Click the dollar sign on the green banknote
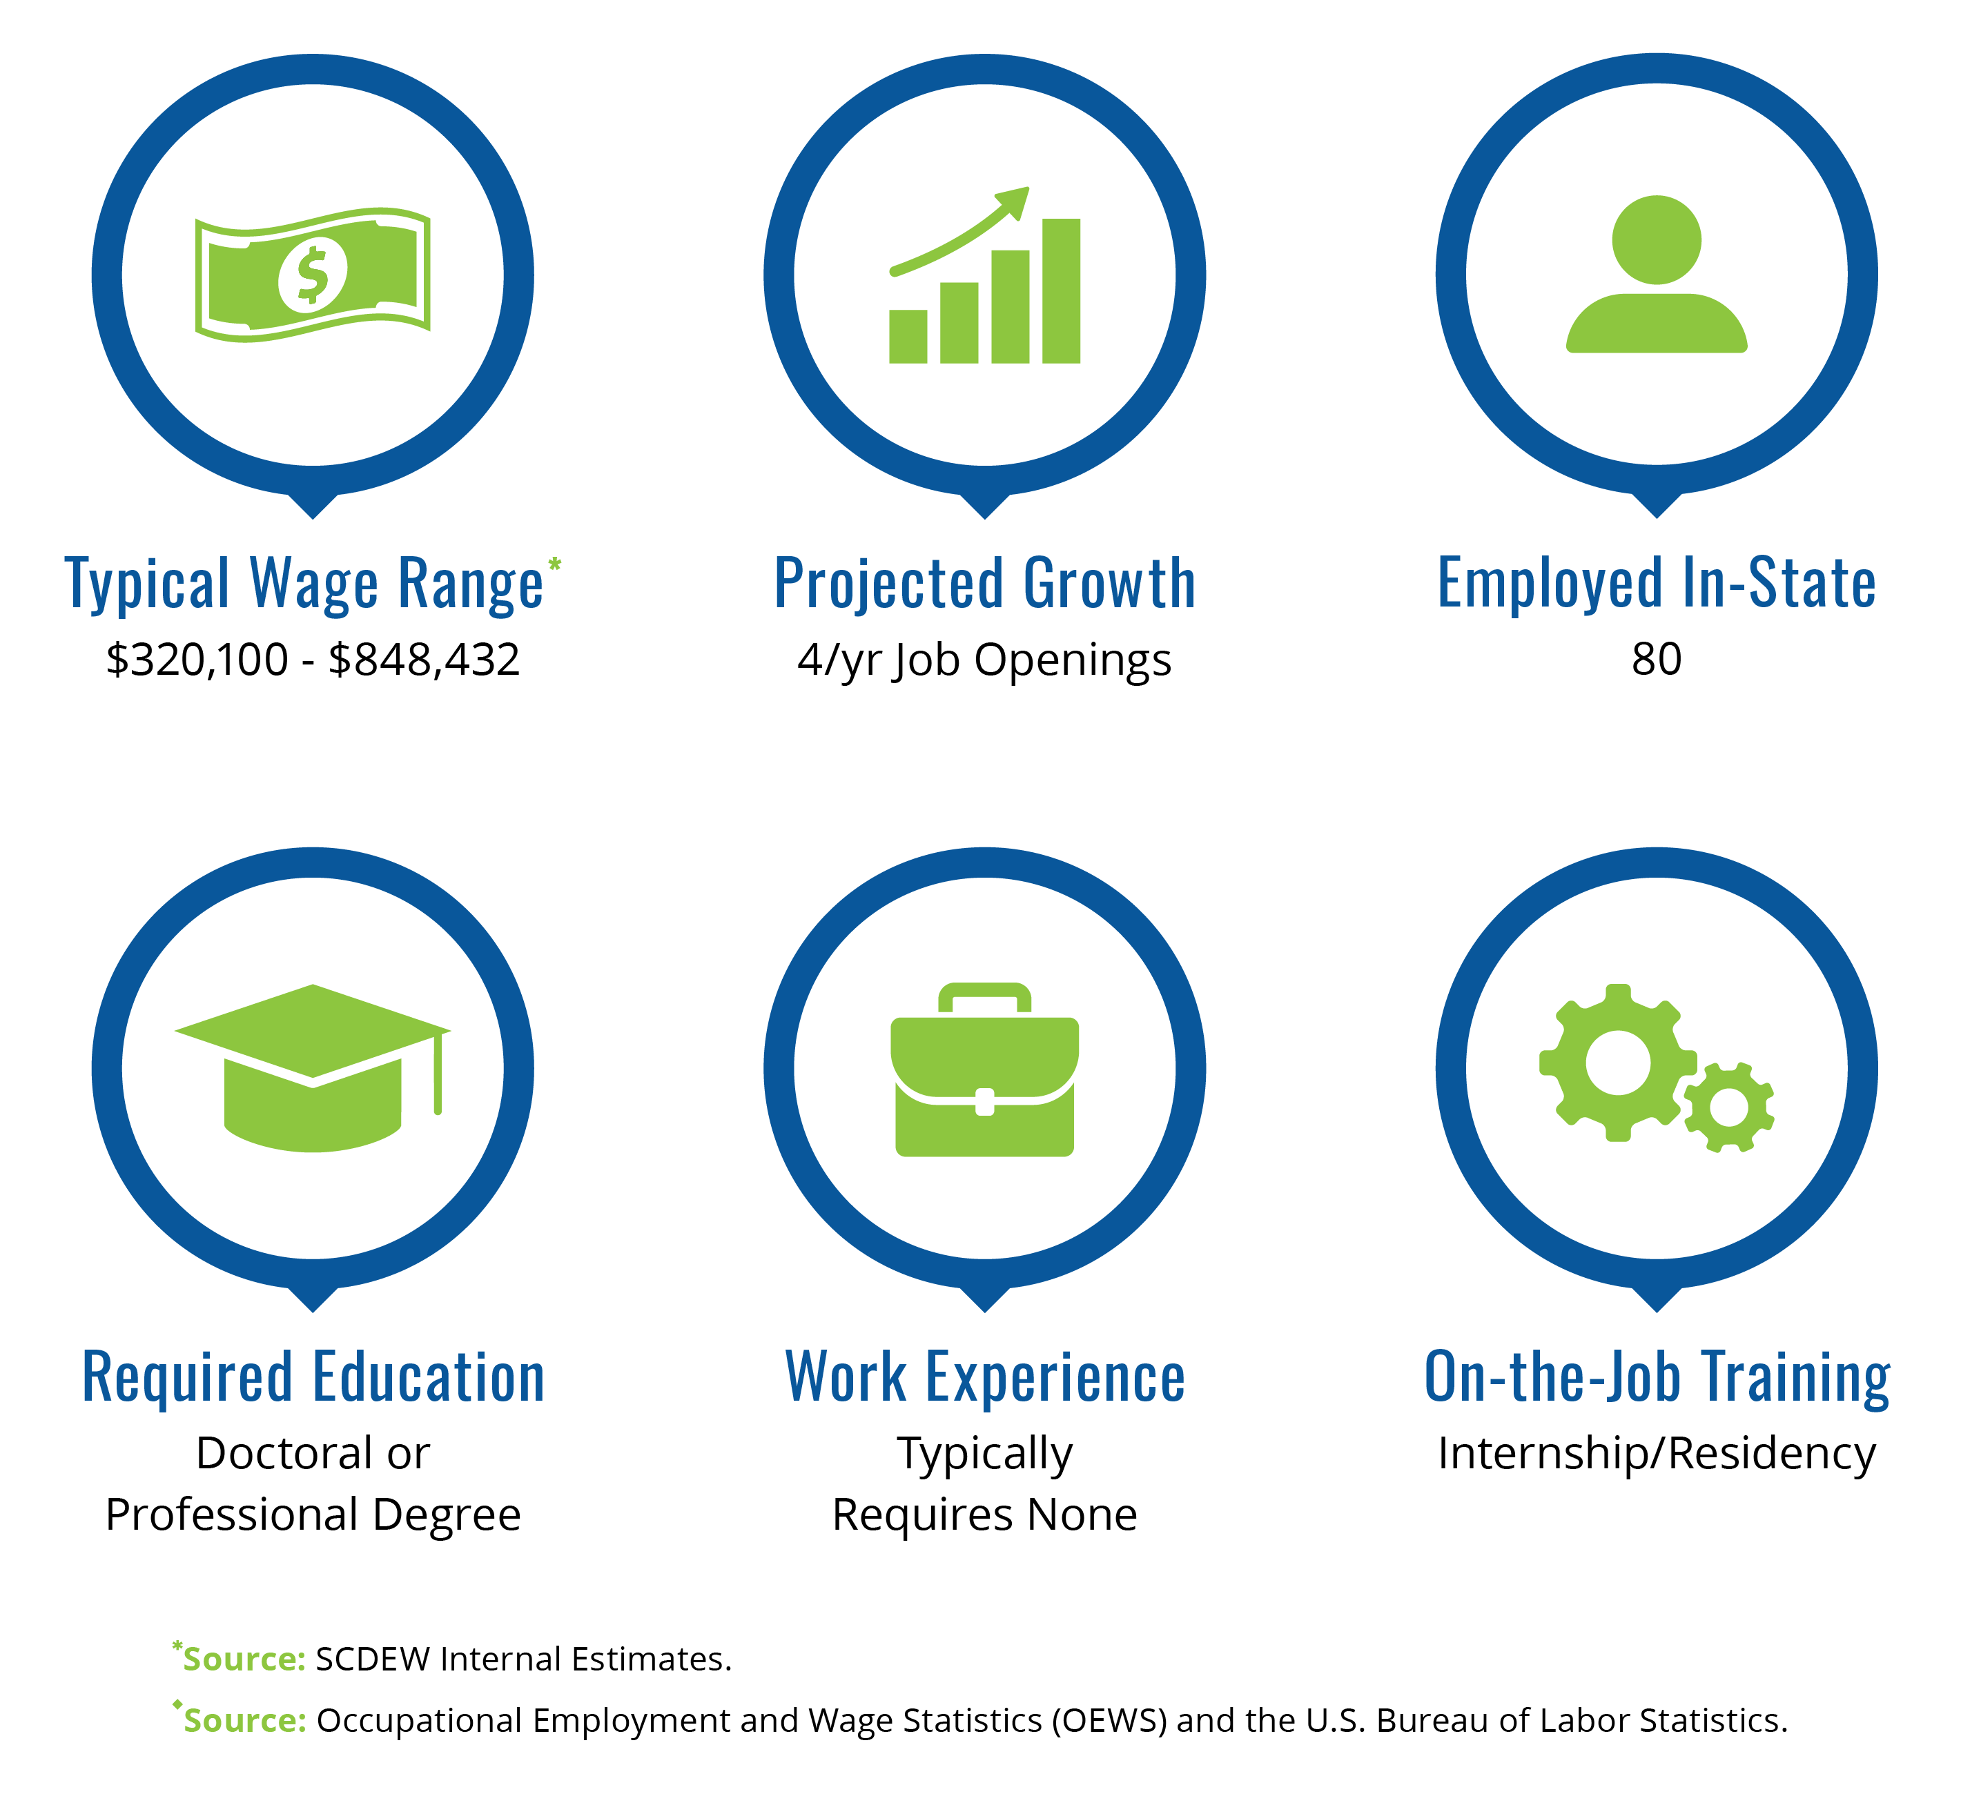[x=312, y=275]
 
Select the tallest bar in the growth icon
[x=1061, y=290]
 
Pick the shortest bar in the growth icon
[x=908, y=337]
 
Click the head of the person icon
[x=1657, y=240]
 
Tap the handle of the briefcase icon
[x=984, y=998]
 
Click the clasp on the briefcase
[x=984, y=1102]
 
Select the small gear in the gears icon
[x=1728, y=1107]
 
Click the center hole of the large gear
[x=1619, y=1063]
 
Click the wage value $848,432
[x=424, y=660]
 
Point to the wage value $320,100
[x=197, y=660]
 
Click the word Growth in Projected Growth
[x=1110, y=584]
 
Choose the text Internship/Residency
[x=1657, y=1454]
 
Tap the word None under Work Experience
[x=1082, y=1515]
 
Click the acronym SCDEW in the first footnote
[x=373, y=1659]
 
